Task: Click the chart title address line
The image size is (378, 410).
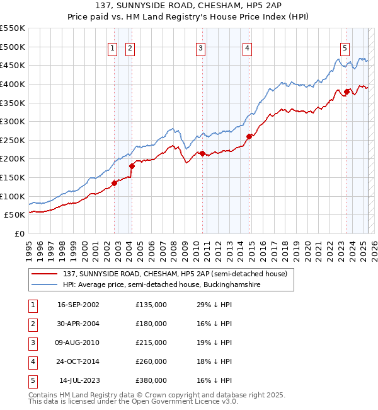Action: click(x=189, y=5)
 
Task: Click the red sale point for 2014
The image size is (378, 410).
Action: click(x=249, y=136)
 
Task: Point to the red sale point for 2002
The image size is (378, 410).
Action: click(x=115, y=183)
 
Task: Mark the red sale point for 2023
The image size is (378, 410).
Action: click(x=346, y=91)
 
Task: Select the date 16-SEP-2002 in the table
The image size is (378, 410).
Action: click(x=78, y=305)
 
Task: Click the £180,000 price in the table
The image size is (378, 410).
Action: click(x=151, y=324)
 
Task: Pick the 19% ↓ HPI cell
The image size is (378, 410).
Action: click(x=214, y=343)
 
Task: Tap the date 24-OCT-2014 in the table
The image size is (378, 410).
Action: click(x=78, y=361)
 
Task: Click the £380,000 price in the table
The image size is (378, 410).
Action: click(x=151, y=380)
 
